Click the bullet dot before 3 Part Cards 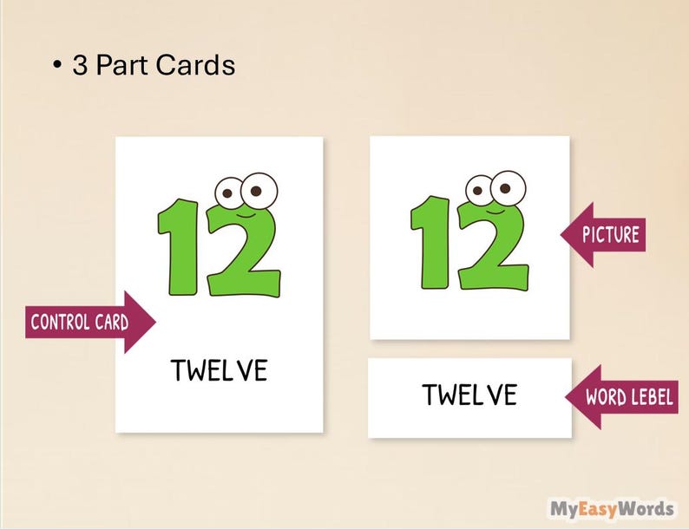pos(56,67)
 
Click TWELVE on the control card pos(219,370)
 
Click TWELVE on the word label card pos(469,395)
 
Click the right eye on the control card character pos(258,187)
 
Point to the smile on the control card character pos(246,211)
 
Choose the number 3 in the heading pos(80,66)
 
